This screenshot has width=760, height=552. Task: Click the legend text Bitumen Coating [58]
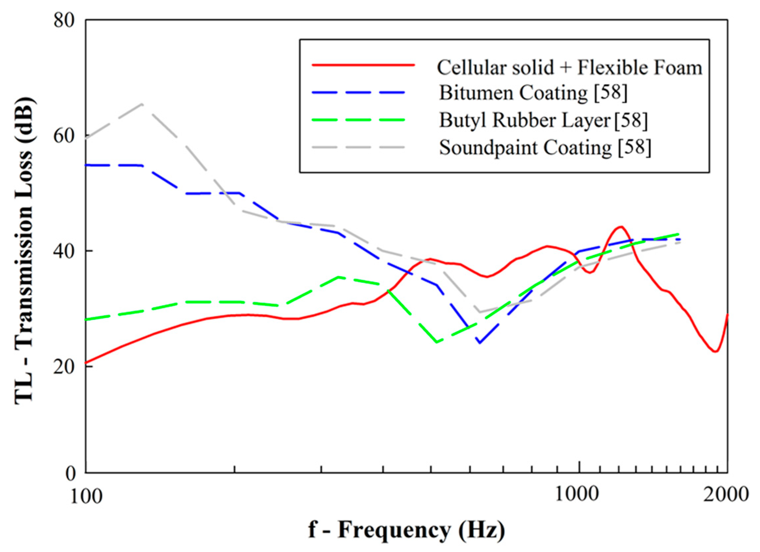coord(533,92)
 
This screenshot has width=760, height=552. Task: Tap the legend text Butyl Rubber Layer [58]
coord(543,120)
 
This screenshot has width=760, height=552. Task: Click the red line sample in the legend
coord(363,65)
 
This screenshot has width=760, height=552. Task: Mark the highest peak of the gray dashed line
coord(142,104)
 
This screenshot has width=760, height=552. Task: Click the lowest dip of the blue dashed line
coord(480,343)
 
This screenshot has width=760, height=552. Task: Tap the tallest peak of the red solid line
coord(621,227)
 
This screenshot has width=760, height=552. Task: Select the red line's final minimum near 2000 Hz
coord(715,352)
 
